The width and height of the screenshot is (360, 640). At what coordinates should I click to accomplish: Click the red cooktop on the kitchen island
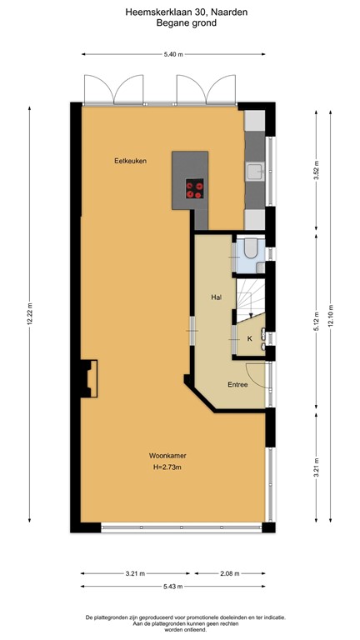pos(195,189)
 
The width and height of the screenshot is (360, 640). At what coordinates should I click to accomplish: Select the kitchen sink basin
pos(254,172)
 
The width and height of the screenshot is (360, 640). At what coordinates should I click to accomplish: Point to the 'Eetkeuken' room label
pos(130,161)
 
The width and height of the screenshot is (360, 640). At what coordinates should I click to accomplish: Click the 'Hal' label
pos(215,297)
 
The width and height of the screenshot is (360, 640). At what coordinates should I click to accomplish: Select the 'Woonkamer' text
pos(167,456)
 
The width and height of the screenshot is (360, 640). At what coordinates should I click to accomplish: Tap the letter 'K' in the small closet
pos(248,338)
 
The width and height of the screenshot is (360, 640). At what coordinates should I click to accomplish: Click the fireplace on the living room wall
pos(87,376)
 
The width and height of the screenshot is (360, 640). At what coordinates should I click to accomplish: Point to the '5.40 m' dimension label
pos(172,54)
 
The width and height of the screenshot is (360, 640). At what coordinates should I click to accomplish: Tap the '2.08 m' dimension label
pos(231,573)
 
